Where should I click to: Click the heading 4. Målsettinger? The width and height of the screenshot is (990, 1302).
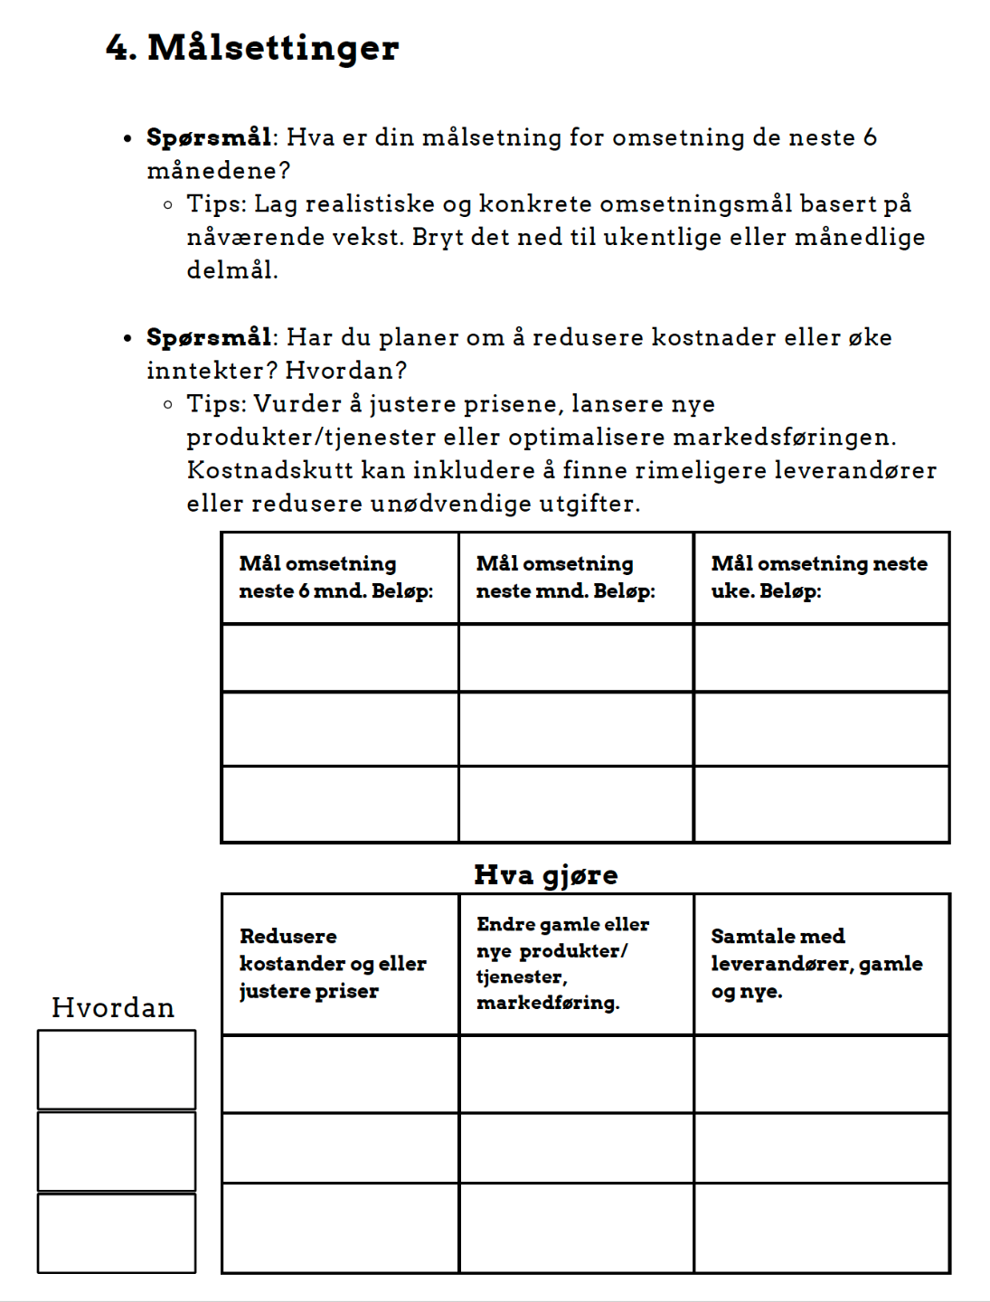pos(252,47)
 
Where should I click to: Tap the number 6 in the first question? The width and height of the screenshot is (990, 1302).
pos(870,137)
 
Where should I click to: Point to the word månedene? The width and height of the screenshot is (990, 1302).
pos(219,171)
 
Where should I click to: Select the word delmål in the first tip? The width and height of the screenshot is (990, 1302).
pos(231,270)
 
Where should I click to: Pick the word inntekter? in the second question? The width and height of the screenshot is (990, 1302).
pos(212,371)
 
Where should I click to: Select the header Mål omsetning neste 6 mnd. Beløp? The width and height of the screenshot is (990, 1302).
pos(336,577)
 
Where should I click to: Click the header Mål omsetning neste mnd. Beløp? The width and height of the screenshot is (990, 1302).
pos(566,577)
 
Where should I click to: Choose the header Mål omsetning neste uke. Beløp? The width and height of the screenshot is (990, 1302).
pos(819,577)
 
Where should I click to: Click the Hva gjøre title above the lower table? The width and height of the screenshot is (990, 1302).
pos(546,874)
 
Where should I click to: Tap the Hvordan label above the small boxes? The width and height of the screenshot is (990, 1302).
pos(113,1007)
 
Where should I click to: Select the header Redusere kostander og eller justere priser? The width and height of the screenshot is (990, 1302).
pos(333,963)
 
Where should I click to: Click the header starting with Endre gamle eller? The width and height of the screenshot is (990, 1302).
pos(562,963)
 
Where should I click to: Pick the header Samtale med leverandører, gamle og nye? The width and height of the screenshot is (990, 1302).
pos(816,963)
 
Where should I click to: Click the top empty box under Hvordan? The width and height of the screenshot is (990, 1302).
pos(117,1070)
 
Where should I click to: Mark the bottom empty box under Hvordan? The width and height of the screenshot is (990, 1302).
pos(117,1233)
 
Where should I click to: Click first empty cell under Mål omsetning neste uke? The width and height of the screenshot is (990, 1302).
pos(821,658)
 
